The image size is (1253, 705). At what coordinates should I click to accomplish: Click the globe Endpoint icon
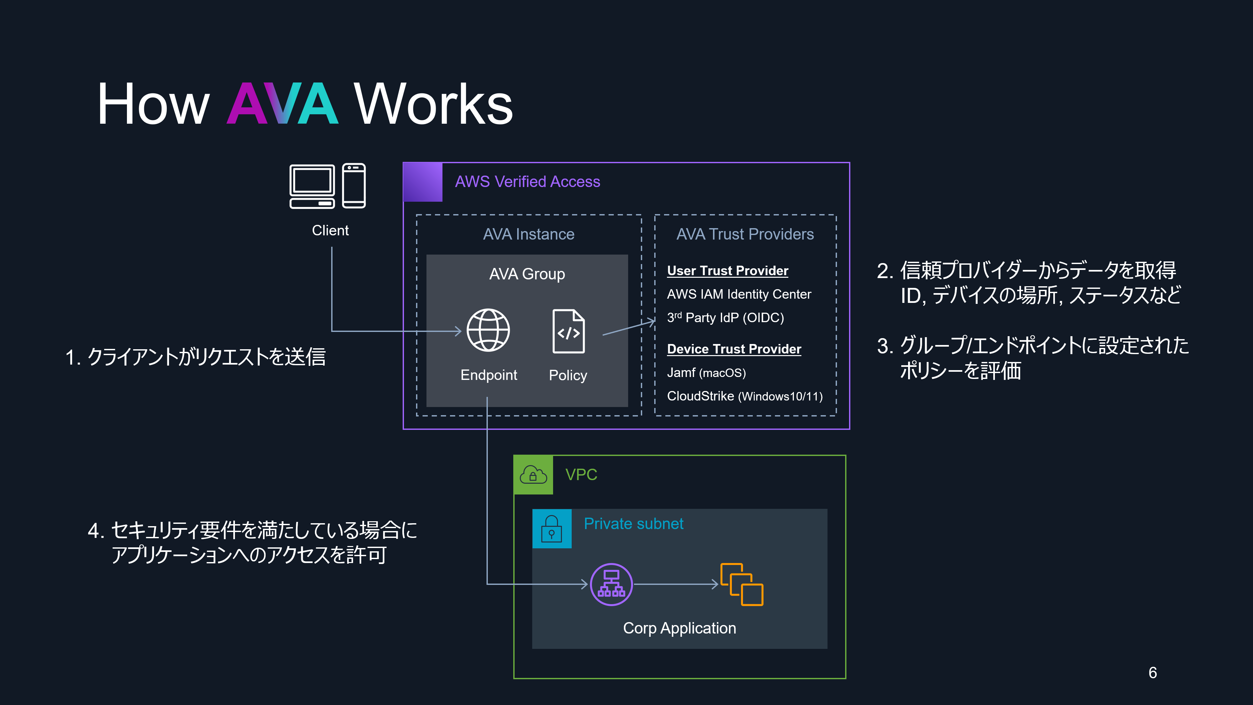(x=488, y=330)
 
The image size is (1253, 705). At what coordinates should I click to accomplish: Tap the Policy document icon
(x=568, y=331)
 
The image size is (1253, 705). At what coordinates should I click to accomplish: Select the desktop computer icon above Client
(x=312, y=186)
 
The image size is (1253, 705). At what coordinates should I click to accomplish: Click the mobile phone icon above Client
(x=354, y=186)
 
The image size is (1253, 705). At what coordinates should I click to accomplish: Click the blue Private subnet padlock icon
(x=551, y=528)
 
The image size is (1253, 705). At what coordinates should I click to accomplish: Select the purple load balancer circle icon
(x=611, y=584)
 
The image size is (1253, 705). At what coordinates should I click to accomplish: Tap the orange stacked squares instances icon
(x=741, y=584)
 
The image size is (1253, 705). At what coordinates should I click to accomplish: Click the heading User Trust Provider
(x=728, y=271)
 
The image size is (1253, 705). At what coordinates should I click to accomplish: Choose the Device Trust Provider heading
(x=734, y=349)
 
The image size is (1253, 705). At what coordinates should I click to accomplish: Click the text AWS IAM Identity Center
(x=739, y=294)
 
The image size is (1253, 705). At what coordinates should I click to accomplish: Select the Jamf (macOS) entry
(x=706, y=373)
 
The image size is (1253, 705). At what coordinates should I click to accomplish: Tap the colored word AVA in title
(x=283, y=104)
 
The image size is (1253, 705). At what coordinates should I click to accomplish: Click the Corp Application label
(x=679, y=628)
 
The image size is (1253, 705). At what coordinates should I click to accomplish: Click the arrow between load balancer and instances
(x=676, y=584)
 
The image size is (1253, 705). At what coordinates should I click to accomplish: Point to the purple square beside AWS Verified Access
(x=423, y=182)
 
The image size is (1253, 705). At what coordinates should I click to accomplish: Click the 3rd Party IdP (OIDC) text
(x=725, y=318)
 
